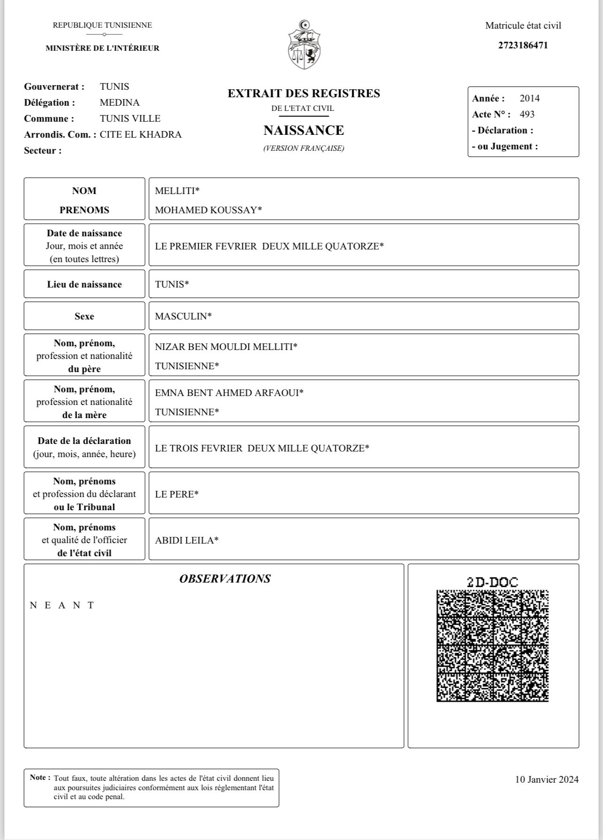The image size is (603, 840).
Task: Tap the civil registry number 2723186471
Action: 523,46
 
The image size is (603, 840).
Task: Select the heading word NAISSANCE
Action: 303,130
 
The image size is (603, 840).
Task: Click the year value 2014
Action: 530,98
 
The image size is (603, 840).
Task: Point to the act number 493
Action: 527,114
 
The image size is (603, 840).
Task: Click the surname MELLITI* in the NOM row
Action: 177,191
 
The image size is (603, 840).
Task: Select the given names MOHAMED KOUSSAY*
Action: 208,210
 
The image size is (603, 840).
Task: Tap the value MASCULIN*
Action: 183,316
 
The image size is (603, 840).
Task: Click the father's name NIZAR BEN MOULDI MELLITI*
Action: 226,347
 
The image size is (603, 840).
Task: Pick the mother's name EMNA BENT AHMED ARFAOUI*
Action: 229,393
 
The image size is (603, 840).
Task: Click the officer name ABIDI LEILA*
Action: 186,540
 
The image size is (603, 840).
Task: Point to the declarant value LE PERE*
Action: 177,494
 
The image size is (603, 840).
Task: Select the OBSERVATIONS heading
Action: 225,579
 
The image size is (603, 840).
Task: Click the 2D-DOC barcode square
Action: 492,646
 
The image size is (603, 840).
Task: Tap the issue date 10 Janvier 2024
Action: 547,779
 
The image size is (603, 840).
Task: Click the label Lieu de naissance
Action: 85,284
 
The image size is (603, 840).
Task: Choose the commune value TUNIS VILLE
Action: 130,118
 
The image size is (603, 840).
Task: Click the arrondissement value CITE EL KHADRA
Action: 140,134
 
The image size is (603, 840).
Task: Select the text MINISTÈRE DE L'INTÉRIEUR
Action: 102,48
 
